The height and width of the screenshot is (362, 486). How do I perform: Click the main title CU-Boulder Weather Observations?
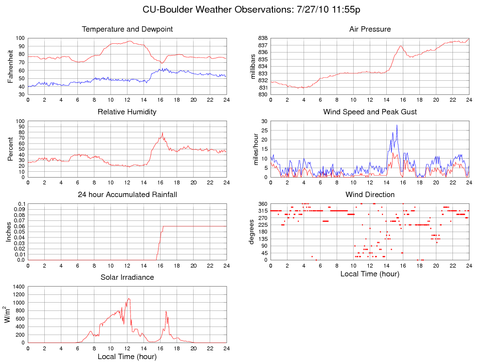click(x=252, y=10)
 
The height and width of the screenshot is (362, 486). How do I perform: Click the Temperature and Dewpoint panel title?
click(x=127, y=30)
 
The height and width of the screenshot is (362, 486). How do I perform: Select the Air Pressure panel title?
click(x=370, y=30)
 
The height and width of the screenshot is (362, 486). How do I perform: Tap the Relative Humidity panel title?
click(x=127, y=112)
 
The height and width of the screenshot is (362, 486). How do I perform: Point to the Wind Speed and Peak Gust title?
click(x=370, y=112)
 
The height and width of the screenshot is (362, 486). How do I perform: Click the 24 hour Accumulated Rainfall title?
click(x=127, y=195)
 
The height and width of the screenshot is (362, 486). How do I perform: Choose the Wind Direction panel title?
click(x=370, y=195)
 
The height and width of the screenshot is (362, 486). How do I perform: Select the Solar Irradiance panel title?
click(x=127, y=277)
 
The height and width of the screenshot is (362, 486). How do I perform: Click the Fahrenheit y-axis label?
click(x=11, y=66)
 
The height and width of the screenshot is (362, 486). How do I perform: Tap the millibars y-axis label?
click(x=253, y=66)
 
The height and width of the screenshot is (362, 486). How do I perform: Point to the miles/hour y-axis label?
click(x=253, y=149)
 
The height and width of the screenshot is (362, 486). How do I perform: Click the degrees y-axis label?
click(x=253, y=232)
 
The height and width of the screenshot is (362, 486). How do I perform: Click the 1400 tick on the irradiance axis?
click(x=18, y=287)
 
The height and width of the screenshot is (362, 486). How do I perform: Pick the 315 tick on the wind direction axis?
click(x=262, y=211)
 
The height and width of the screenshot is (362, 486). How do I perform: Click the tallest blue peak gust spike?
click(x=396, y=125)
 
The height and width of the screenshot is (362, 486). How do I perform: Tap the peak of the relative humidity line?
click(x=162, y=133)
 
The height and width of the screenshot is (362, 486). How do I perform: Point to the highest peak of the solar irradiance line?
click(x=128, y=298)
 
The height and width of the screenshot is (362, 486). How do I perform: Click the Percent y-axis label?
click(x=11, y=149)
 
